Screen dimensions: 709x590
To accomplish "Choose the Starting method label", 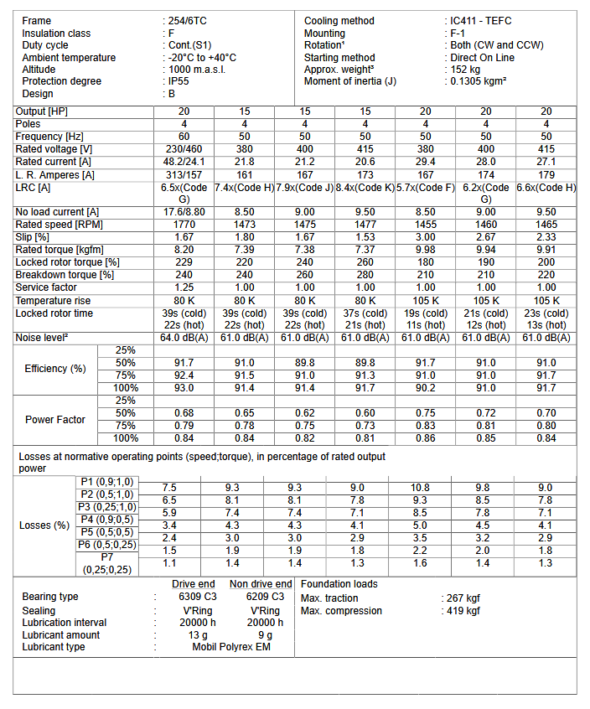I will tap(339, 58).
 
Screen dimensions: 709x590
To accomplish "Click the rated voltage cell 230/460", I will tap(184, 148).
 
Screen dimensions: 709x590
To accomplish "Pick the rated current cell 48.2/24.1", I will tap(184, 161).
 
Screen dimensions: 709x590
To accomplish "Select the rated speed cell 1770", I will tap(184, 225).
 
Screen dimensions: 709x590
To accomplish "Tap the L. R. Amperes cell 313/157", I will tap(184, 173).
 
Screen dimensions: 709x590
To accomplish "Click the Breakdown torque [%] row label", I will tap(65, 275).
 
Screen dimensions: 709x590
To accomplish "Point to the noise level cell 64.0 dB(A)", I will tap(184, 338).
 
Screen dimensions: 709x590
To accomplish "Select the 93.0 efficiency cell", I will tap(184, 388).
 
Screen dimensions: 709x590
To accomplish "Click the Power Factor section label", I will tap(55, 419).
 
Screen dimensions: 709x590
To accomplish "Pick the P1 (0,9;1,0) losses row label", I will tap(106, 482).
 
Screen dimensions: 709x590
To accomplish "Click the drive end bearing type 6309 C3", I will tap(194, 598).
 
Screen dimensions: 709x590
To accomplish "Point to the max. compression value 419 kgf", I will tap(463, 610).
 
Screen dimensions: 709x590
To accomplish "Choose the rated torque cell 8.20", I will tap(184, 250).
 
